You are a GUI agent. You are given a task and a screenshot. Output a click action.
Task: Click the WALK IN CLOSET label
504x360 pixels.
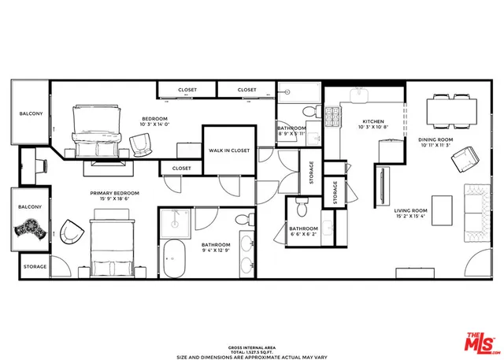pyautogui.click(x=228, y=150)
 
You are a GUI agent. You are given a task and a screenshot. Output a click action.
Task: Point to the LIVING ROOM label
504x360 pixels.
pyautogui.click(x=410, y=213)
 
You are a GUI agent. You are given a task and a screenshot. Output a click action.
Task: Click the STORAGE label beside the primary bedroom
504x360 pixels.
pyautogui.click(x=34, y=267)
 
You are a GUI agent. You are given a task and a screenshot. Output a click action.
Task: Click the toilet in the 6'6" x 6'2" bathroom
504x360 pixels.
pyautogui.click(x=302, y=206)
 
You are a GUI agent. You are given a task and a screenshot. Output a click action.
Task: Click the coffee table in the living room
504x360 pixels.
pyautogui.click(x=443, y=210)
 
